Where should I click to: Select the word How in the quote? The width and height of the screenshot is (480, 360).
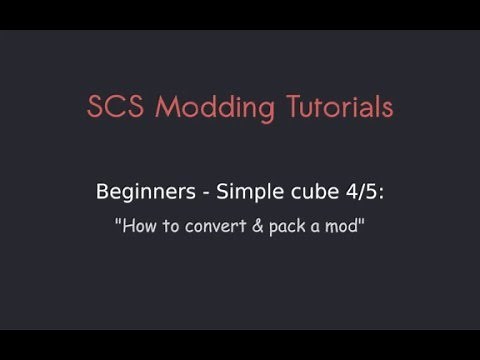click(141, 226)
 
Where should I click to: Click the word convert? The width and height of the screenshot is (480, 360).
click(211, 226)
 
